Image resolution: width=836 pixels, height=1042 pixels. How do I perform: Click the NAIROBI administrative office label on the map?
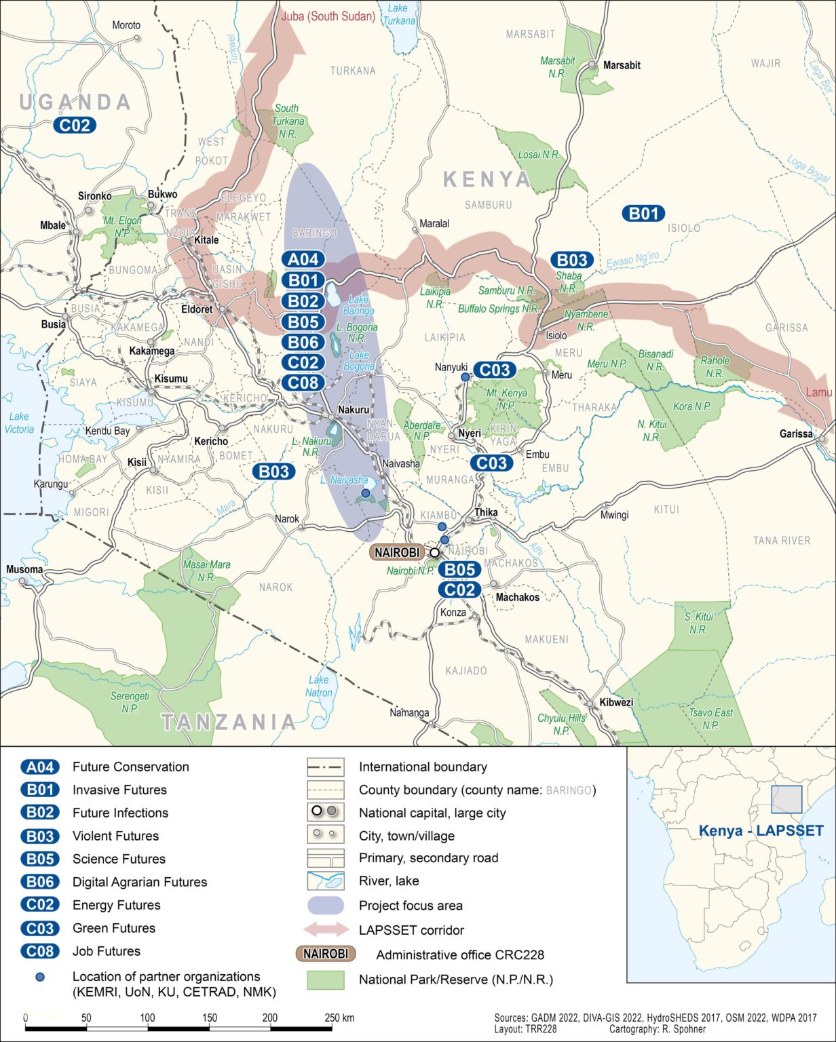pyautogui.click(x=397, y=552)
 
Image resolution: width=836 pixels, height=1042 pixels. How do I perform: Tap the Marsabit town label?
pyautogui.click(x=622, y=65)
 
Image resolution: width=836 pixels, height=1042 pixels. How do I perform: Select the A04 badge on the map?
pyautogui.click(x=303, y=259)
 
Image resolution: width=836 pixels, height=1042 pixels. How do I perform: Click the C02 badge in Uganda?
pyautogui.click(x=75, y=125)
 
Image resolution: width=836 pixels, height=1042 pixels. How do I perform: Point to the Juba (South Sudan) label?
pyautogui.click(x=328, y=16)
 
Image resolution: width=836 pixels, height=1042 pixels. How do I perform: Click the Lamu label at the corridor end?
pyautogui.click(x=818, y=393)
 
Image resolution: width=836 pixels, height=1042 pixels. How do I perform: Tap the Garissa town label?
pyautogui.click(x=796, y=433)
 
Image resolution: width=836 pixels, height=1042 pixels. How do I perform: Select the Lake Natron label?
pyautogui.click(x=318, y=686)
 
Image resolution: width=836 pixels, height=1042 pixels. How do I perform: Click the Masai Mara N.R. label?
pyautogui.click(x=206, y=571)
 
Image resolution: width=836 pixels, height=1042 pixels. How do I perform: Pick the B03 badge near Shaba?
pyautogui.click(x=571, y=260)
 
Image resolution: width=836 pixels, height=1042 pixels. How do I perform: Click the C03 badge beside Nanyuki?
pyautogui.click(x=495, y=370)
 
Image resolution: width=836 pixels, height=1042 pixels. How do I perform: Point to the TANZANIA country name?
pyautogui.click(x=229, y=721)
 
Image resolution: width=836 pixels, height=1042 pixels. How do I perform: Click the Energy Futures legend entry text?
pyautogui.click(x=117, y=905)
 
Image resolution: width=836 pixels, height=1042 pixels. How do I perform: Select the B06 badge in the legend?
pyautogui.click(x=40, y=882)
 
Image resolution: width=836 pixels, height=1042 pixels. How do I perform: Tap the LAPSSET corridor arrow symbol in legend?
pyautogui.click(x=325, y=929)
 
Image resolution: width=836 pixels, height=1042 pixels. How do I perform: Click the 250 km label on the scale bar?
pyautogui.click(x=340, y=1018)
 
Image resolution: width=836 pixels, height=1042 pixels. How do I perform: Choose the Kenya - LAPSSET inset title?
pyautogui.click(x=761, y=831)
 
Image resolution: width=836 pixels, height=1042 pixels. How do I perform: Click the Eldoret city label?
pyautogui.click(x=197, y=309)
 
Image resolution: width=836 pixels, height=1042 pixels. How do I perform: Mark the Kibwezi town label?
pyautogui.click(x=615, y=702)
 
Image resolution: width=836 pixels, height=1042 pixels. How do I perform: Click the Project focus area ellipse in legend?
pyautogui.click(x=325, y=906)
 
